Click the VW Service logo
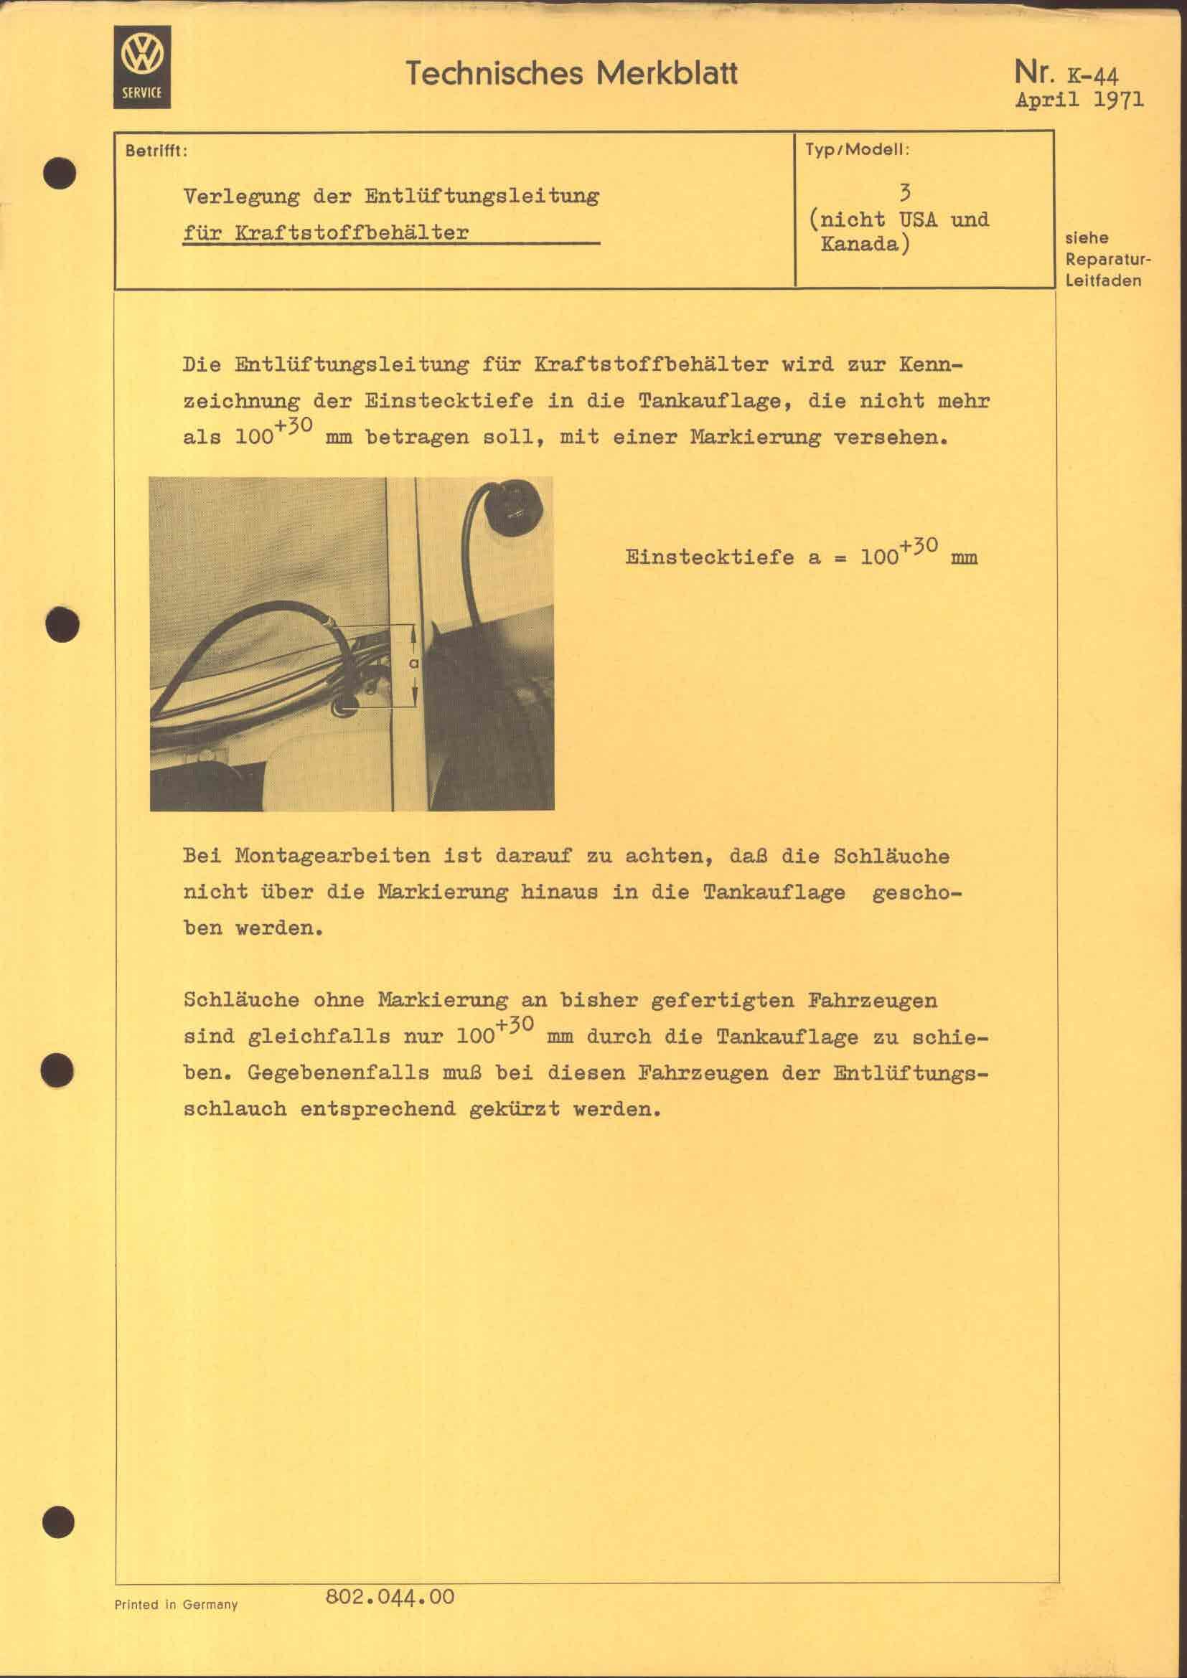tap(142, 67)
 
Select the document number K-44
tap(1093, 75)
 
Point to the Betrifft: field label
tap(156, 151)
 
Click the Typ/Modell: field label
tap(857, 150)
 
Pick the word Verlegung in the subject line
tap(241, 197)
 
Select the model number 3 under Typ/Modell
tap(905, 192)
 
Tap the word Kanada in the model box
tap(860, 243)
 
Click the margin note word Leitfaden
tap(1103, 281)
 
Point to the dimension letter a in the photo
tap(413, 664)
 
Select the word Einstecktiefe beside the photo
tap(709, 557)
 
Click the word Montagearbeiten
tap(332, 856)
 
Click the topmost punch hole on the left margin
tap(60, 173)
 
